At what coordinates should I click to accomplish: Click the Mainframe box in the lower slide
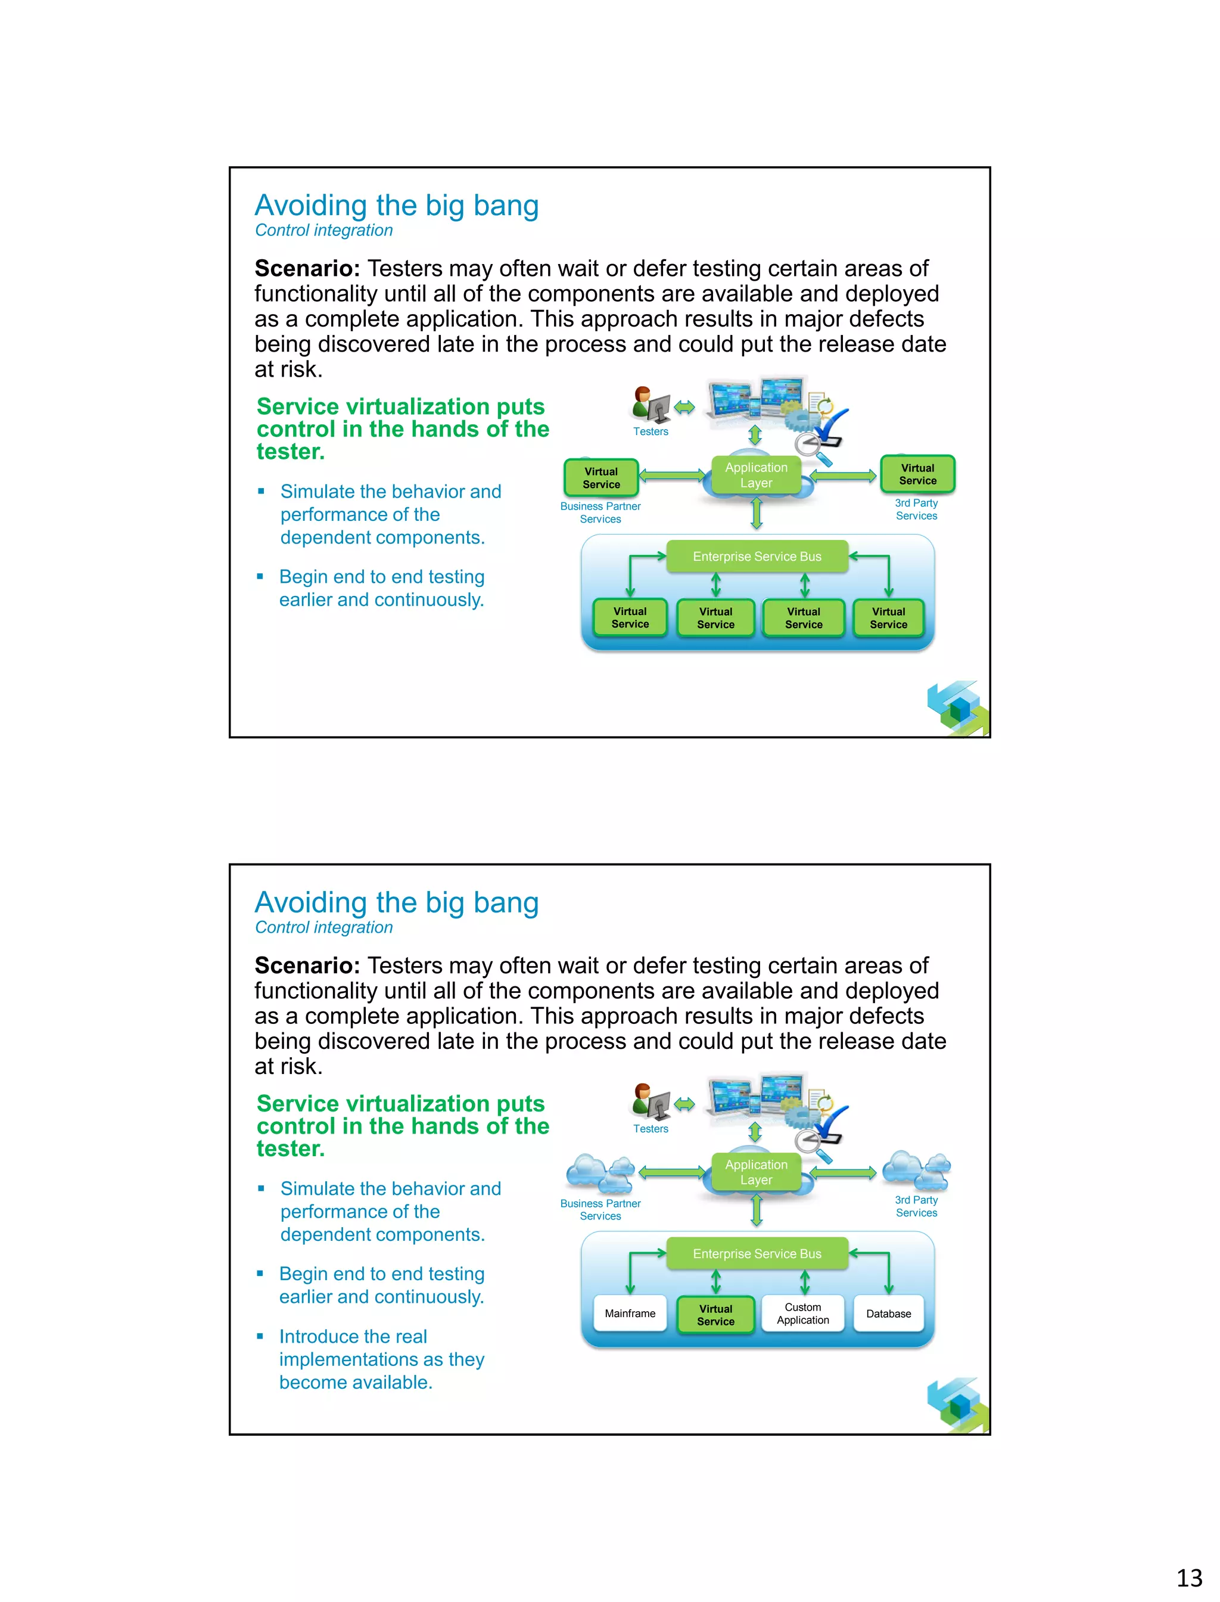pos(630,1313)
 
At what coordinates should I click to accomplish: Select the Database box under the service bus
pos(888,1313)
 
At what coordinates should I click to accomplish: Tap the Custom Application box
pos(802,1313)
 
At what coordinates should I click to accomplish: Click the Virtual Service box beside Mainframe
pos(715,1314)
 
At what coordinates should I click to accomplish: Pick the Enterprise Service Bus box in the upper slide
pos(757,557)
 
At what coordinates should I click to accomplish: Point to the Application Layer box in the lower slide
pos(756,1172)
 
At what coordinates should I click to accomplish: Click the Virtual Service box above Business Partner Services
pos(601,477)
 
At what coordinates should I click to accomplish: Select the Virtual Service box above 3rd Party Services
pos(917,474)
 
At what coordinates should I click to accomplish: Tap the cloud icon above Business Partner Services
pos(599,1172)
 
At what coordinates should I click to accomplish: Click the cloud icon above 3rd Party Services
pos(916,1169)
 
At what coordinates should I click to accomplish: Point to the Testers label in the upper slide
pos(650,431)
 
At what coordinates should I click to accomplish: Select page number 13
pos(1189,1578)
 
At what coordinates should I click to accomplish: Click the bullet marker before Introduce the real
pos(260,1336)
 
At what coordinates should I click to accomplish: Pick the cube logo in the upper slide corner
pos(957,707)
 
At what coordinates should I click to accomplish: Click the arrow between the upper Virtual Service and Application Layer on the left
pos(673,476)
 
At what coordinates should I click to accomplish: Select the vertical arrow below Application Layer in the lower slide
pos(756,1210)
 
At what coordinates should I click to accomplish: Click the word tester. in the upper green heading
pos(291,452)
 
